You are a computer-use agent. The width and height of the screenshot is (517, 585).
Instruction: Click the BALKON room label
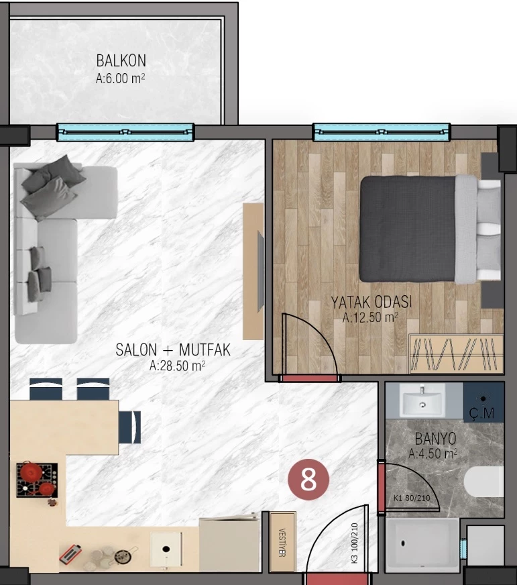(x=121, y=60)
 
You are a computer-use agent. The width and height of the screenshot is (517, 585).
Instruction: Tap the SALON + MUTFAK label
(x=173, y=350)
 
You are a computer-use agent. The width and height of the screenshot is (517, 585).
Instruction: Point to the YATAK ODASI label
(x=371, y=302)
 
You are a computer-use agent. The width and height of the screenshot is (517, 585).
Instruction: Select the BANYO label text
(x=435, y=439)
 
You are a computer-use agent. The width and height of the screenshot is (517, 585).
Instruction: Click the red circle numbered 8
(x=308, y=480)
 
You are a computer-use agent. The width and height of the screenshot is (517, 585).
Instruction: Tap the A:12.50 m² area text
(x=370, y=317)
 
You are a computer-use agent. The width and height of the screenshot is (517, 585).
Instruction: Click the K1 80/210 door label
(x=412, y=498)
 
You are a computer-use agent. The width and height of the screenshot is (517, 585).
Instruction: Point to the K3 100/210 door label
(x=354, y=543)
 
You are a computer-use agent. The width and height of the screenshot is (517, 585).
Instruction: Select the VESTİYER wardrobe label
(x=282, y=543)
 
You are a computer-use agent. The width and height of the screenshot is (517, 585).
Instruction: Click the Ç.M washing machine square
(x=483, y=403)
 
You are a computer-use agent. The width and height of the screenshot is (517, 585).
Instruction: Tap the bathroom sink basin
(x=422, y=401)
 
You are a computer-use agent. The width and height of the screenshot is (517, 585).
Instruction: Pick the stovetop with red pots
(x=37, y=480)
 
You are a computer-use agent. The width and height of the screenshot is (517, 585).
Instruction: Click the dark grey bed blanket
(x=407, y=229)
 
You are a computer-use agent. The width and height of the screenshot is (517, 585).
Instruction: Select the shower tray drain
(x=403, y=543)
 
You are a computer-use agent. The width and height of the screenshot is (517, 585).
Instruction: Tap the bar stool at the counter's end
(x=130, y=427)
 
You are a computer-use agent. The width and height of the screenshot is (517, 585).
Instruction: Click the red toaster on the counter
(x=70, y=553)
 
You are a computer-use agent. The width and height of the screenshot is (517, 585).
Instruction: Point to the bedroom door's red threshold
(x=310, y=378)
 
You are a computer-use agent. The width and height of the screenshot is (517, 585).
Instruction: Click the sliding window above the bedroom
(x=382, y=132)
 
